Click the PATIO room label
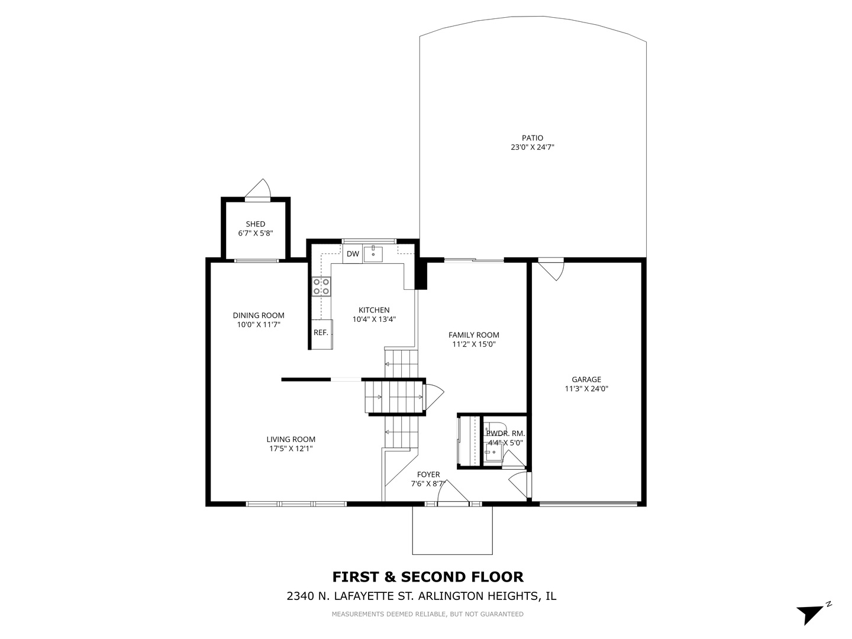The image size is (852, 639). coord(532,138)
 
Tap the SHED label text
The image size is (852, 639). coord(256,224)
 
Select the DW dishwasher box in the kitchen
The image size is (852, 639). coord(353,254)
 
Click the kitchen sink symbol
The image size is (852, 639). coord(373,254)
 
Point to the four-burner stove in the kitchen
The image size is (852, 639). coord(322,287)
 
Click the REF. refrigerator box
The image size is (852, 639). coord(321,333)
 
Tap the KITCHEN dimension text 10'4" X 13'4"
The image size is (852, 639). coord(374,319)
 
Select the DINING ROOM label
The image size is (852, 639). coord(259,315)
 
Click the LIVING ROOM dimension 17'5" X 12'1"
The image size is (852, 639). coord(291,449)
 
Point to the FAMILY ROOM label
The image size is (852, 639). coord(473,335)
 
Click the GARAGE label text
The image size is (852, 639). coord(586,380)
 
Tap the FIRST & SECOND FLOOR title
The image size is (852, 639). coord(428,577)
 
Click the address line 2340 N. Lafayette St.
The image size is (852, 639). coord(421,596)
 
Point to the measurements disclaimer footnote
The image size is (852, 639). coord(427,615)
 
